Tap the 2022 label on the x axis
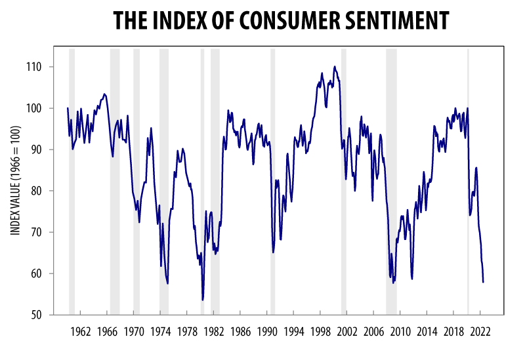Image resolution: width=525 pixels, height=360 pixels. pyautogui.click(x=480, y=331)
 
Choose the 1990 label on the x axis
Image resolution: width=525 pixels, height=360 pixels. pyautogui.click(x=267, y=331)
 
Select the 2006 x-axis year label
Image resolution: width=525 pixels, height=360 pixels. pyautogui.click(x=373, y=331)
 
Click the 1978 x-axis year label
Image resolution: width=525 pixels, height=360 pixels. pyautogui.click(x=187, y=331)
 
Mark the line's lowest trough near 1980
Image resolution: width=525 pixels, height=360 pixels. pyautogui.click(x=203, y=300)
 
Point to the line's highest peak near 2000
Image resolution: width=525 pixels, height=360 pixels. pyautogui.click(x=335, y=66)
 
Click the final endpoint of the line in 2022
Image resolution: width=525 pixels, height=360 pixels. pyautogui.click(x=484, y=282)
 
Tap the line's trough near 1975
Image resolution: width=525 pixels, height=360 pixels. pyautogui.click(x=168, y=283)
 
